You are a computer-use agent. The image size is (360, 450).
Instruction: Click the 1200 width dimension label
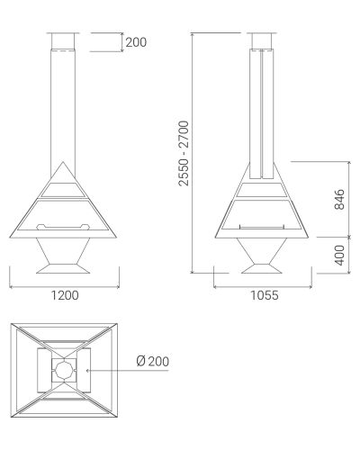65,295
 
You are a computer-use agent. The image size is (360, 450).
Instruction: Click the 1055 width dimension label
265,295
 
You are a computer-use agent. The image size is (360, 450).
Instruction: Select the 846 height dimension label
339,199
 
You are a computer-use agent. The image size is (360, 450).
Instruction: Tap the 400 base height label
339,255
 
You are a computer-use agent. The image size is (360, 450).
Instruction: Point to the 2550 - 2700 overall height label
184,153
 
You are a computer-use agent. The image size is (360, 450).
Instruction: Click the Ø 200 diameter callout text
153,361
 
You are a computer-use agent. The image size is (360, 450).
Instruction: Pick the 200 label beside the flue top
136,42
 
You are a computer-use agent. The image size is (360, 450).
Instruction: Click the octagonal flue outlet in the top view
64,370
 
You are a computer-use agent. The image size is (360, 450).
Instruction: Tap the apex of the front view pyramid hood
63,162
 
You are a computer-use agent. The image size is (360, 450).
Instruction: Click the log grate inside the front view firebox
63,227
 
